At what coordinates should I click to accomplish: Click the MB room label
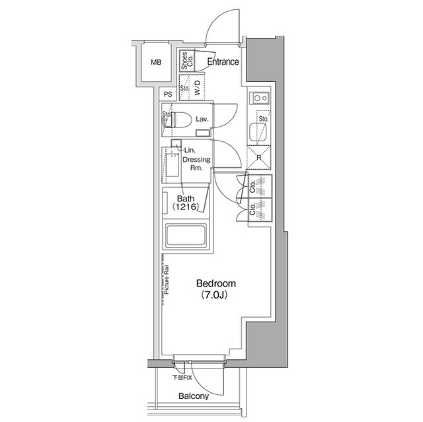[156, 63]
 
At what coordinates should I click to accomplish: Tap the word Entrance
[223, 62]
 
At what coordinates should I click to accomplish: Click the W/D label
[198, 90]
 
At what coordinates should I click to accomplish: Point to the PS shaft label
[169, 94]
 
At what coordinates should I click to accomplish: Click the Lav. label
[202, 119]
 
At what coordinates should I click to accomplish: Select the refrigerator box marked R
[258, 158]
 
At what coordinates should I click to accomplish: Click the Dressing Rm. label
[196, 164]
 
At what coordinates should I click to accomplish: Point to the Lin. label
[189, 151]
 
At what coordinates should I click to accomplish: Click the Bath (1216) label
[186, 202]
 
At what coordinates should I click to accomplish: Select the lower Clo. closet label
[253, 211]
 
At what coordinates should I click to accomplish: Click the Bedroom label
[216, 283]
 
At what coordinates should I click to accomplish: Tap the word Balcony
[193, 397]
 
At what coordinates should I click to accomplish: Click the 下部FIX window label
[182, 378]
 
